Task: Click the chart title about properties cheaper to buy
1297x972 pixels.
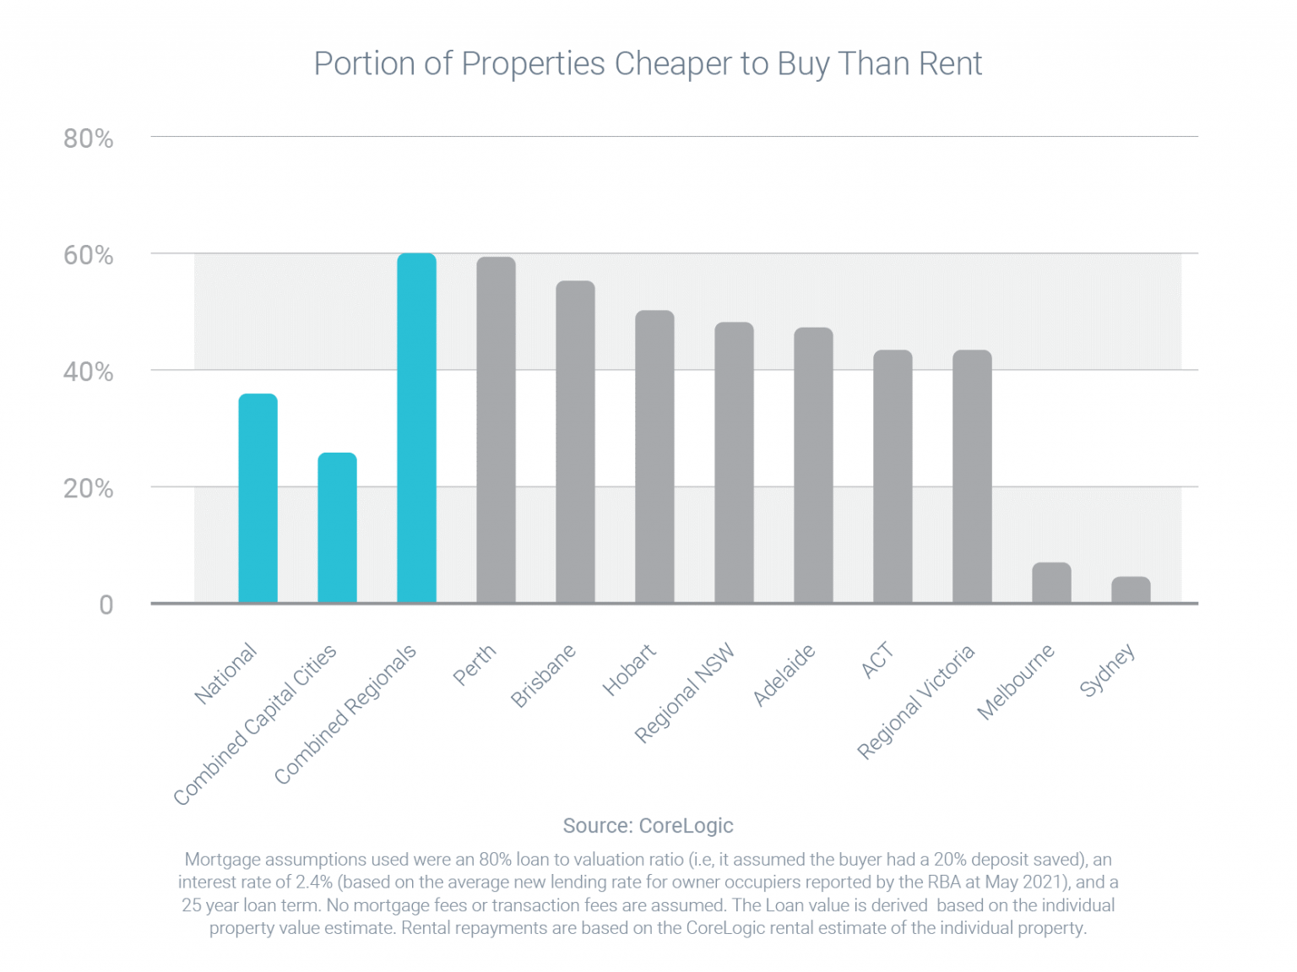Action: coord(648,64)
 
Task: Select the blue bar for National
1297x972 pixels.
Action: coord(258,498)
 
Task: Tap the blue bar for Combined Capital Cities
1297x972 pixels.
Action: coord(337,528)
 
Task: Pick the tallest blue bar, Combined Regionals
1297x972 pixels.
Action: coord(416,428)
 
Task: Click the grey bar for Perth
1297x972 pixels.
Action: coord(496,430)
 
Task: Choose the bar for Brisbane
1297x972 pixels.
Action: coord(575,442)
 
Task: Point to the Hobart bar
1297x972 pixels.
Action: coord(654,457)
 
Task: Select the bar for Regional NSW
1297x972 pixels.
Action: coord(734,463)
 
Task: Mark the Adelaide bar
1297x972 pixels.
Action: coord(813,465)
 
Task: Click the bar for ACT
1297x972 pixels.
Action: coord(893,476)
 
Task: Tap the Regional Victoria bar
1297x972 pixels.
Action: coord(972,476)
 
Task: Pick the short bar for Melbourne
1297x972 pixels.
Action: coord(1051,583)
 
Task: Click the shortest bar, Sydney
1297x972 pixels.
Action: coord(1131,589)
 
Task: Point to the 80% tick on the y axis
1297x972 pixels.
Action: coord(89,138)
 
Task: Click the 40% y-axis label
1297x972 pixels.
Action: coord(89,372)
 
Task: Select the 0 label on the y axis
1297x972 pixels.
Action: coord(106,605)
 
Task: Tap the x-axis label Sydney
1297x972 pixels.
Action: coord(1107,671)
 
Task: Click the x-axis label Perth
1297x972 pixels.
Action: coord(475,665)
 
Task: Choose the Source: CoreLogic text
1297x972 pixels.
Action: coord(648,825)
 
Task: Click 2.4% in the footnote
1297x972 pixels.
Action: coord(313,882)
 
